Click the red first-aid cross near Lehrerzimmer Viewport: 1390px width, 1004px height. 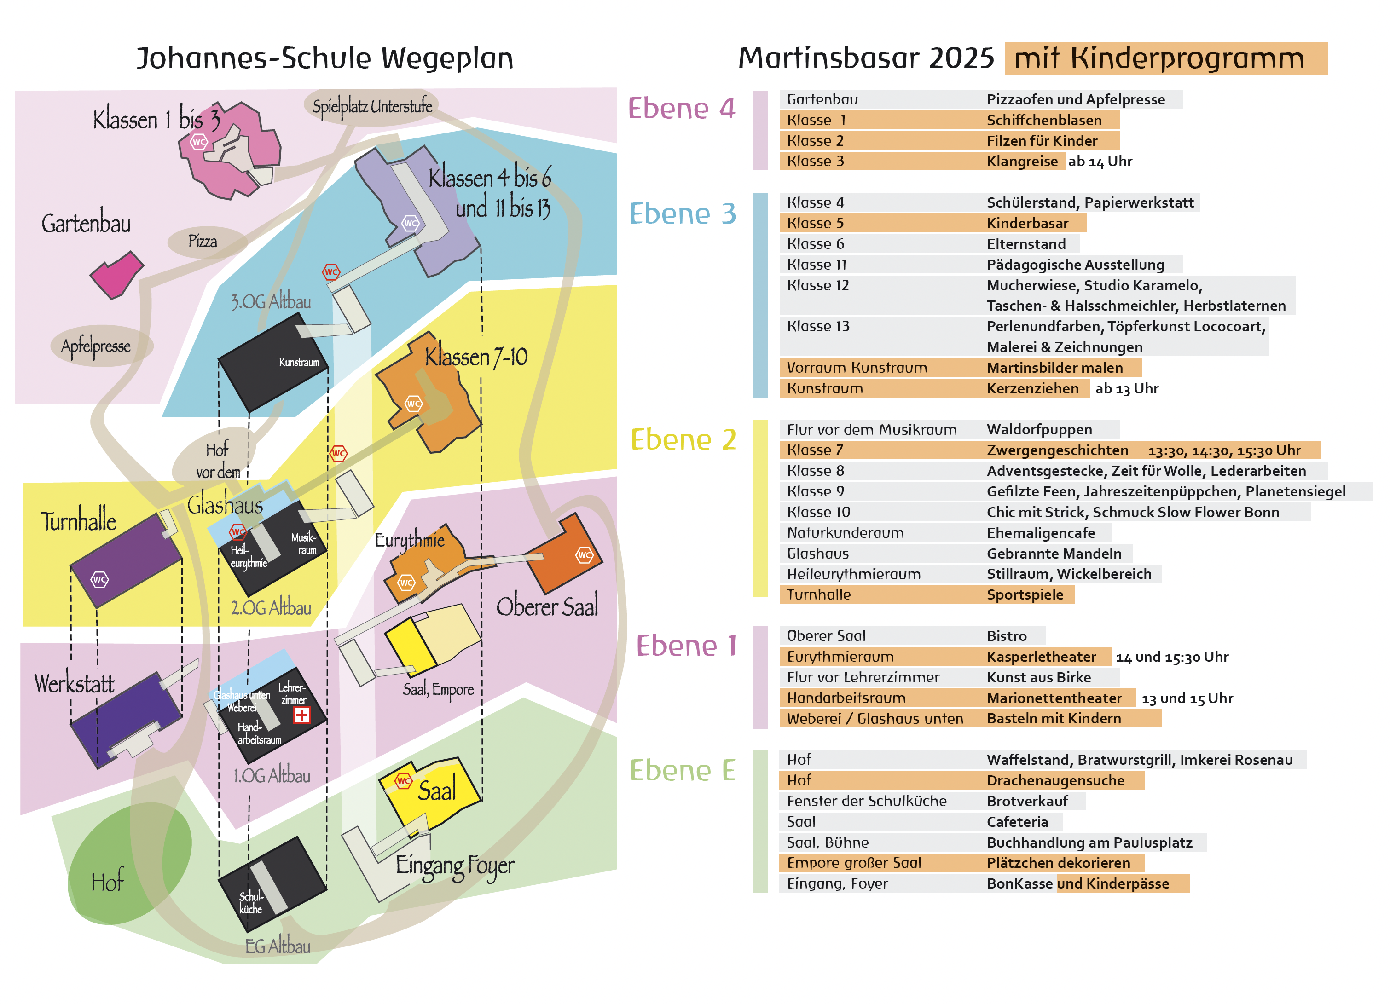(301, 715)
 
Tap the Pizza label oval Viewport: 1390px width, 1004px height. (203, 242)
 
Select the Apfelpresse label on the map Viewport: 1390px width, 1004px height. (96, 346)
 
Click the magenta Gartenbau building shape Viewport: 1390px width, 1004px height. (116, 274)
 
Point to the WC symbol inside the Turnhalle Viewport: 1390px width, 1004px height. (99, 579)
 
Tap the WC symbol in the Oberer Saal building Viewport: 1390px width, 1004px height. (584, 555)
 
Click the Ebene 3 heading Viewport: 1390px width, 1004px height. (682, 214)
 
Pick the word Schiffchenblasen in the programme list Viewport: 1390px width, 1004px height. (1044, 120)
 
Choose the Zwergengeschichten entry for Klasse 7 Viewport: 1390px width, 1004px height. (1057, 450)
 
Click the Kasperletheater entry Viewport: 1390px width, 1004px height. (1041, 657)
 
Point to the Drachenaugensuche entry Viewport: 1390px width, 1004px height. (1055, 780)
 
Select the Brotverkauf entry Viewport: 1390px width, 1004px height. (1027, 801)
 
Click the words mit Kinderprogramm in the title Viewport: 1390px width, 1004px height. (1159, 59)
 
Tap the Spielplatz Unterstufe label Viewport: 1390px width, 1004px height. (372, 107)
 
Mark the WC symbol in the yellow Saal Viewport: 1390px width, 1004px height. (403, 781)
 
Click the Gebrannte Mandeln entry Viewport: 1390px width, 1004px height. (1054, 554)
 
